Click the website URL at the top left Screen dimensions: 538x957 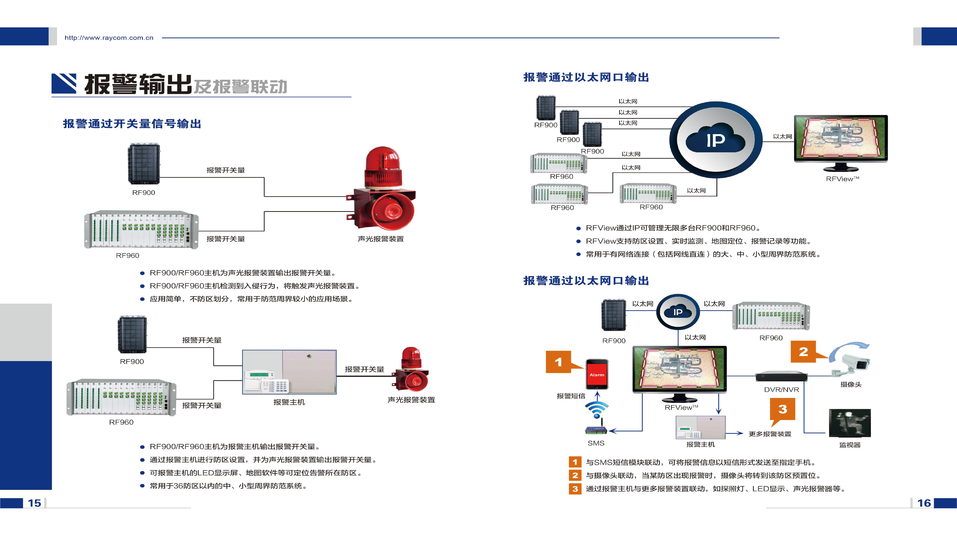point(109,38)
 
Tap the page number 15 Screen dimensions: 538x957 point(34,503)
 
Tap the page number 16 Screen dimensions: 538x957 point(924,503)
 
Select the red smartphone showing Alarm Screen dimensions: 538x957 point(597,374)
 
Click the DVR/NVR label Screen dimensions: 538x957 point(781,390)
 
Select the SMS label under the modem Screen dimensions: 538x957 point(596,443)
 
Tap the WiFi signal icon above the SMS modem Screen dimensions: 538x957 point(597,410)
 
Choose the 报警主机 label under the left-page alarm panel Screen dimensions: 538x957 point(289,402)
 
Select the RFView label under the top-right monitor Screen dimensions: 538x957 point(842,179)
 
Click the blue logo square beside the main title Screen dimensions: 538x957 point(64,83)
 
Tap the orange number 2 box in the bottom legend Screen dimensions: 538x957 point(575,475)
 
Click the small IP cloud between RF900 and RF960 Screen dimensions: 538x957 point(678,312)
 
